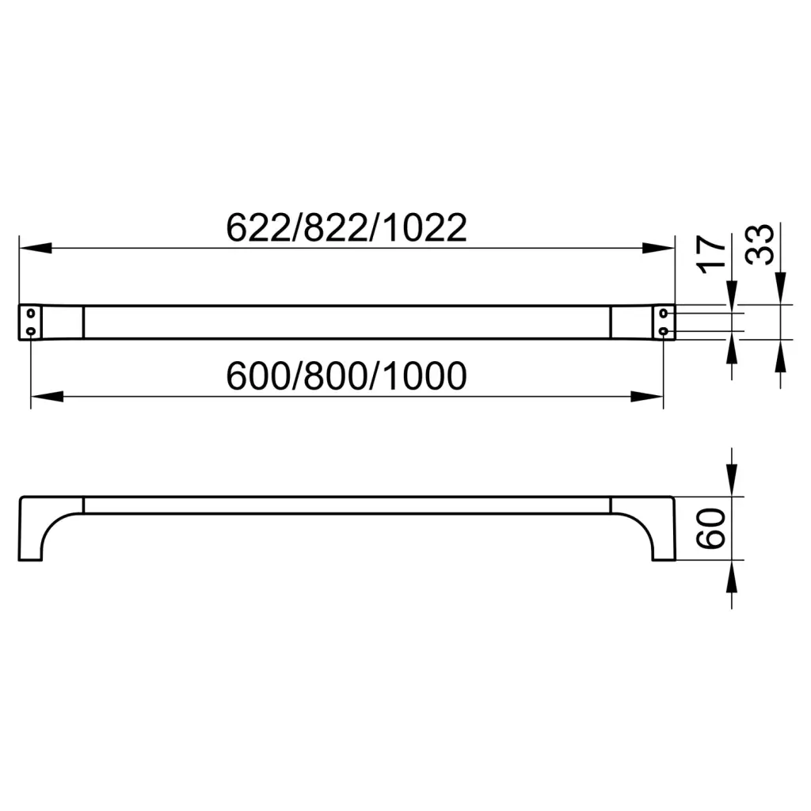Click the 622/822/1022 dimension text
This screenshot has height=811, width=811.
[347, 227]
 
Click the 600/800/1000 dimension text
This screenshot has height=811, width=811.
[347, 376]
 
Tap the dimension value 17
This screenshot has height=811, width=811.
[711, 254]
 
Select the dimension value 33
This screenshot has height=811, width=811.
[760, 245]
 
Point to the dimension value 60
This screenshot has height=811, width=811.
[710, 528]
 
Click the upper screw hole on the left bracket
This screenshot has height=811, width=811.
[31, 313]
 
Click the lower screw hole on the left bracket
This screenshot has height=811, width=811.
[31, 330]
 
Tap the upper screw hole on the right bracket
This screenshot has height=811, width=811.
[664, 313]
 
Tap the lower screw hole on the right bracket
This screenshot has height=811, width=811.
[664, 330]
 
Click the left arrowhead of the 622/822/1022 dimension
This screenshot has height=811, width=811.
[35, 248]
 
